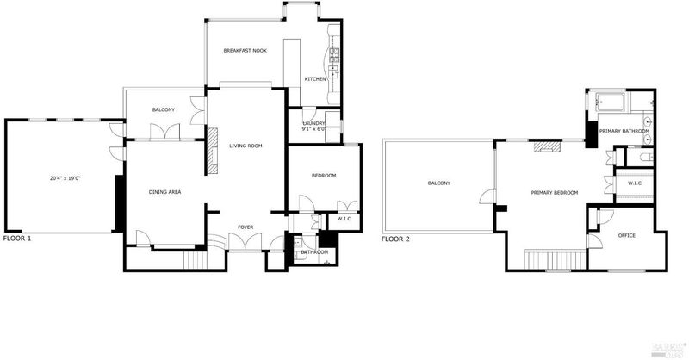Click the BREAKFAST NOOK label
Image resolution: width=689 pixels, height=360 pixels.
(x=245, y=51)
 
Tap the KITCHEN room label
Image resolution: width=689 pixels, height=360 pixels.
(x=315, y=79)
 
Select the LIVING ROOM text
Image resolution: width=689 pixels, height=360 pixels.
(x=245, y=146)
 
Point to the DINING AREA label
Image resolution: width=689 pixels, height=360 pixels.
(x=164, y=192)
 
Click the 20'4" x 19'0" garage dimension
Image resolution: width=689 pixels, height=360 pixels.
(x=65, y=178)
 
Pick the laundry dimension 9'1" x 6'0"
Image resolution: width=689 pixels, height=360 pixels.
(x=314, y=129)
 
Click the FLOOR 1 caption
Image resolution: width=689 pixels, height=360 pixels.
(x=17, y=239)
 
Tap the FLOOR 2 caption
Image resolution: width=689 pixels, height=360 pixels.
(x=395, y=239)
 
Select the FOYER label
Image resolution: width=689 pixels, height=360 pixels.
(x=245, y=227)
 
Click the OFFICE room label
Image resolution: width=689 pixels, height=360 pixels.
(x=627, y=236)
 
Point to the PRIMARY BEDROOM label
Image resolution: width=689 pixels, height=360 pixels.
(x=555, y=193)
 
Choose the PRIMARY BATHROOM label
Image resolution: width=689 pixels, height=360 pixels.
(x=624, y=131)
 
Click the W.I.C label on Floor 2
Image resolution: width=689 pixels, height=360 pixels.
(x=635, y=183)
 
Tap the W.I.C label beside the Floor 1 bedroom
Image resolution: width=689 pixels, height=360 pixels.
(x=344, y=219)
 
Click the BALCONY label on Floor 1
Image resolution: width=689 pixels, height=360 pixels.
(x=164, y=110)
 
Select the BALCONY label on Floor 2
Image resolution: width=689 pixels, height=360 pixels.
(x=439, y=183)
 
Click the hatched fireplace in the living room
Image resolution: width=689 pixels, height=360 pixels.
(x=213, y=151)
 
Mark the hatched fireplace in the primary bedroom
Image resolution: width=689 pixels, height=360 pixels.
(x=547, y=146)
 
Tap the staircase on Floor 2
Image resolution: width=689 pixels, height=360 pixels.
(x=555, y=259)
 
